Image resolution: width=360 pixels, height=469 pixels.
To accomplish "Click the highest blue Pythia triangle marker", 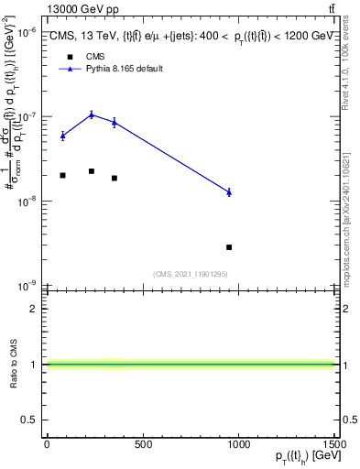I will point(92,115).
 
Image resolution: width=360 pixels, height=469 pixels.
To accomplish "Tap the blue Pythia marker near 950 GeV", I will point(229,191).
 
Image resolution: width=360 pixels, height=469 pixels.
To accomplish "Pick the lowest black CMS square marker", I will point(229,247).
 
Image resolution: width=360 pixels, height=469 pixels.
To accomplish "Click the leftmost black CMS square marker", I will point(62,175).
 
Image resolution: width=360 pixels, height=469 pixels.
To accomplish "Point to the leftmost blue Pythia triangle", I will point(62,136).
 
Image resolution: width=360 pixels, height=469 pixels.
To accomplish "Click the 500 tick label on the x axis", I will point(143,445).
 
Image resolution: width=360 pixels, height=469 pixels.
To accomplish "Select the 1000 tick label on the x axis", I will point(238,445).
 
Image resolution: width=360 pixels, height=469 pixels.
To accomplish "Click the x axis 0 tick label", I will point(47,445).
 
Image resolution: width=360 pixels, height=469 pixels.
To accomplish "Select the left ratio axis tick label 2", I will point(36,309).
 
